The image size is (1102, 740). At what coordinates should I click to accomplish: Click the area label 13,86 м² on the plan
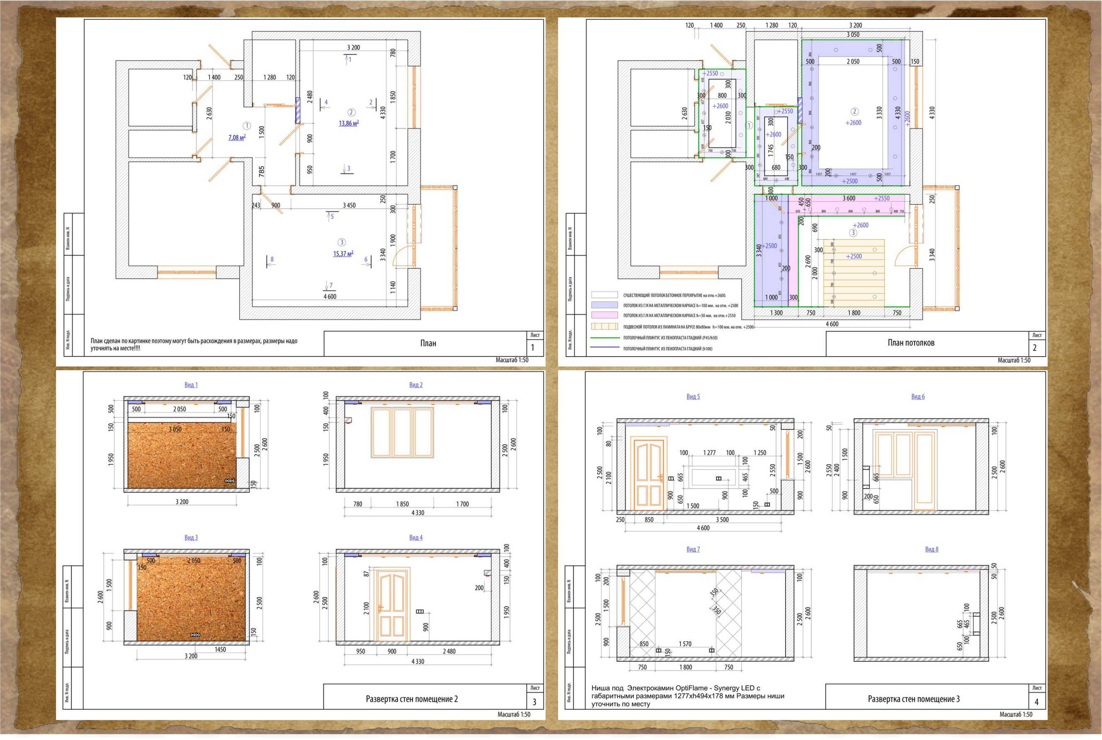pyautogui.click(x=349, y=123)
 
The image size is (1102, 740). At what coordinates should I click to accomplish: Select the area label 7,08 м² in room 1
pyautogui.click(x=237, y=137)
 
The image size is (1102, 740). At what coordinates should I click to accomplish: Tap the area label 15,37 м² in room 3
pyautogui.click(x=343, y=253)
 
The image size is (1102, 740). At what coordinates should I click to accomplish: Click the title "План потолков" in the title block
pyautogui.click(x=911, y=342)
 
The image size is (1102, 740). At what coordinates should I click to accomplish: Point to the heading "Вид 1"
pyautogui.click(x=191, y=385)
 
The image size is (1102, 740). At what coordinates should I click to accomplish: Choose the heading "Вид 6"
pyautogui.click(x=918, y=396)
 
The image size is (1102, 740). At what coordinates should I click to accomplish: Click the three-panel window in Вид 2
pyautogui.click(x=402, y=433)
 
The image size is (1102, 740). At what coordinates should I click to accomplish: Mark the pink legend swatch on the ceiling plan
pyautogui.click(x=604, y=315)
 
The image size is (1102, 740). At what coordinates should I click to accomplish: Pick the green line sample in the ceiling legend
pyautogui.click(x=604, y=338)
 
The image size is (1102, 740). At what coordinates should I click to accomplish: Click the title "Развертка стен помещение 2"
pyautogui.click(x=411, y=699)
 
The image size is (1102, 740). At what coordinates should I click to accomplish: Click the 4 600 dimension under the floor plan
pyautogui.click(x=330, y=296)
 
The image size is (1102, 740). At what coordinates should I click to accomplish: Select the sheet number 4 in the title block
pyautogui.click(x=1036, y=702)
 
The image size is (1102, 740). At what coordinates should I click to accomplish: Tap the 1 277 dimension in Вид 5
pyautogui.click(x=709, y=453)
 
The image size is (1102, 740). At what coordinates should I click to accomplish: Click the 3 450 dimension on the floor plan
pyautogui.click(x=349, y=205)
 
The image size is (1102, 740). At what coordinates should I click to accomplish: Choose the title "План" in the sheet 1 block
pyautogui.click(x=428, y=343)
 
